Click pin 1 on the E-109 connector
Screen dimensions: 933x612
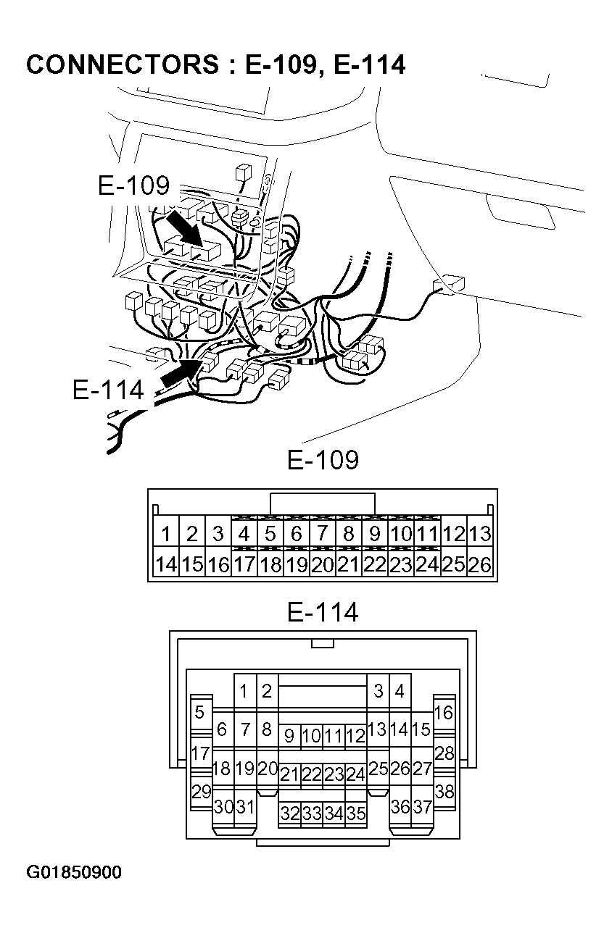coord(166,535)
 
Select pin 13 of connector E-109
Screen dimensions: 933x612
coord(480,535)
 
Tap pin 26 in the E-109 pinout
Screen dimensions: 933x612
coord(480,564)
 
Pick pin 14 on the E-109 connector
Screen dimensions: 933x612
coord(166,564)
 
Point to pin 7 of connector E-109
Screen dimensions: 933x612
coord(322,535)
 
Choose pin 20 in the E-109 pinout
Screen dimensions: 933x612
coord(322,564)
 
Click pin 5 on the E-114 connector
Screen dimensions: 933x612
coord(199,713)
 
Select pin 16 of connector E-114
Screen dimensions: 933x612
coord(444,713)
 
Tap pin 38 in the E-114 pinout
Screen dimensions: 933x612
coord(444,792)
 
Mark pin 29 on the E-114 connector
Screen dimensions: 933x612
coord(200,792)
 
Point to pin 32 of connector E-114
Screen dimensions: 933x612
coord(290,813)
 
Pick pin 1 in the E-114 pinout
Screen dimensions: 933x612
coord(244,691)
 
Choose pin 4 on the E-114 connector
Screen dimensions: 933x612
coord(399,691)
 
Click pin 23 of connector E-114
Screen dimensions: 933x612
coord(334,774)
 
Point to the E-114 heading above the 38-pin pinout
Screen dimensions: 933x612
coord(323,613)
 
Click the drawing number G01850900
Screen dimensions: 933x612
coord(74,871)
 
